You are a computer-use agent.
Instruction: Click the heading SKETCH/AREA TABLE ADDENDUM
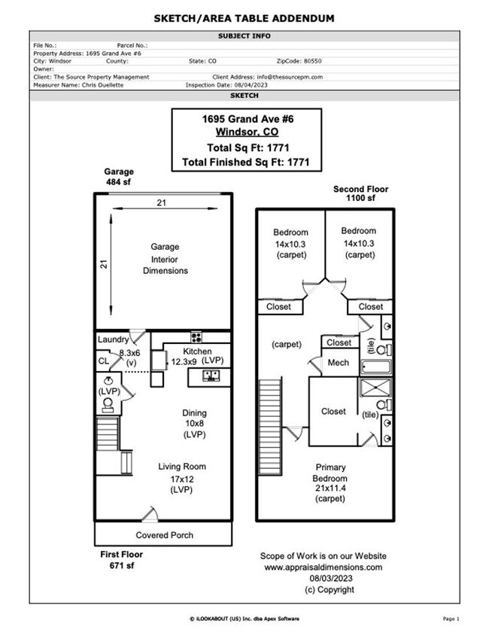[244, 18]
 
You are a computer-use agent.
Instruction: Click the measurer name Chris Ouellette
[92, 85]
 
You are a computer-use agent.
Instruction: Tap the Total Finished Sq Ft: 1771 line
[246, 162]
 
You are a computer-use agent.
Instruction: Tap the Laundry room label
[113, 339]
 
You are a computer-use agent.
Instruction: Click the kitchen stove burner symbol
[196, 337]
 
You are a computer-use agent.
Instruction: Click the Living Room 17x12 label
[181, 477]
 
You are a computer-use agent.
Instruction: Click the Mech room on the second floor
[339, 364]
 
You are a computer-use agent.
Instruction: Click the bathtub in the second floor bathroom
[376, 368]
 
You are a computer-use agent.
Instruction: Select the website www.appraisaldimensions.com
[323, 567]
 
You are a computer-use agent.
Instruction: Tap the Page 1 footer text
[451, 618]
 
